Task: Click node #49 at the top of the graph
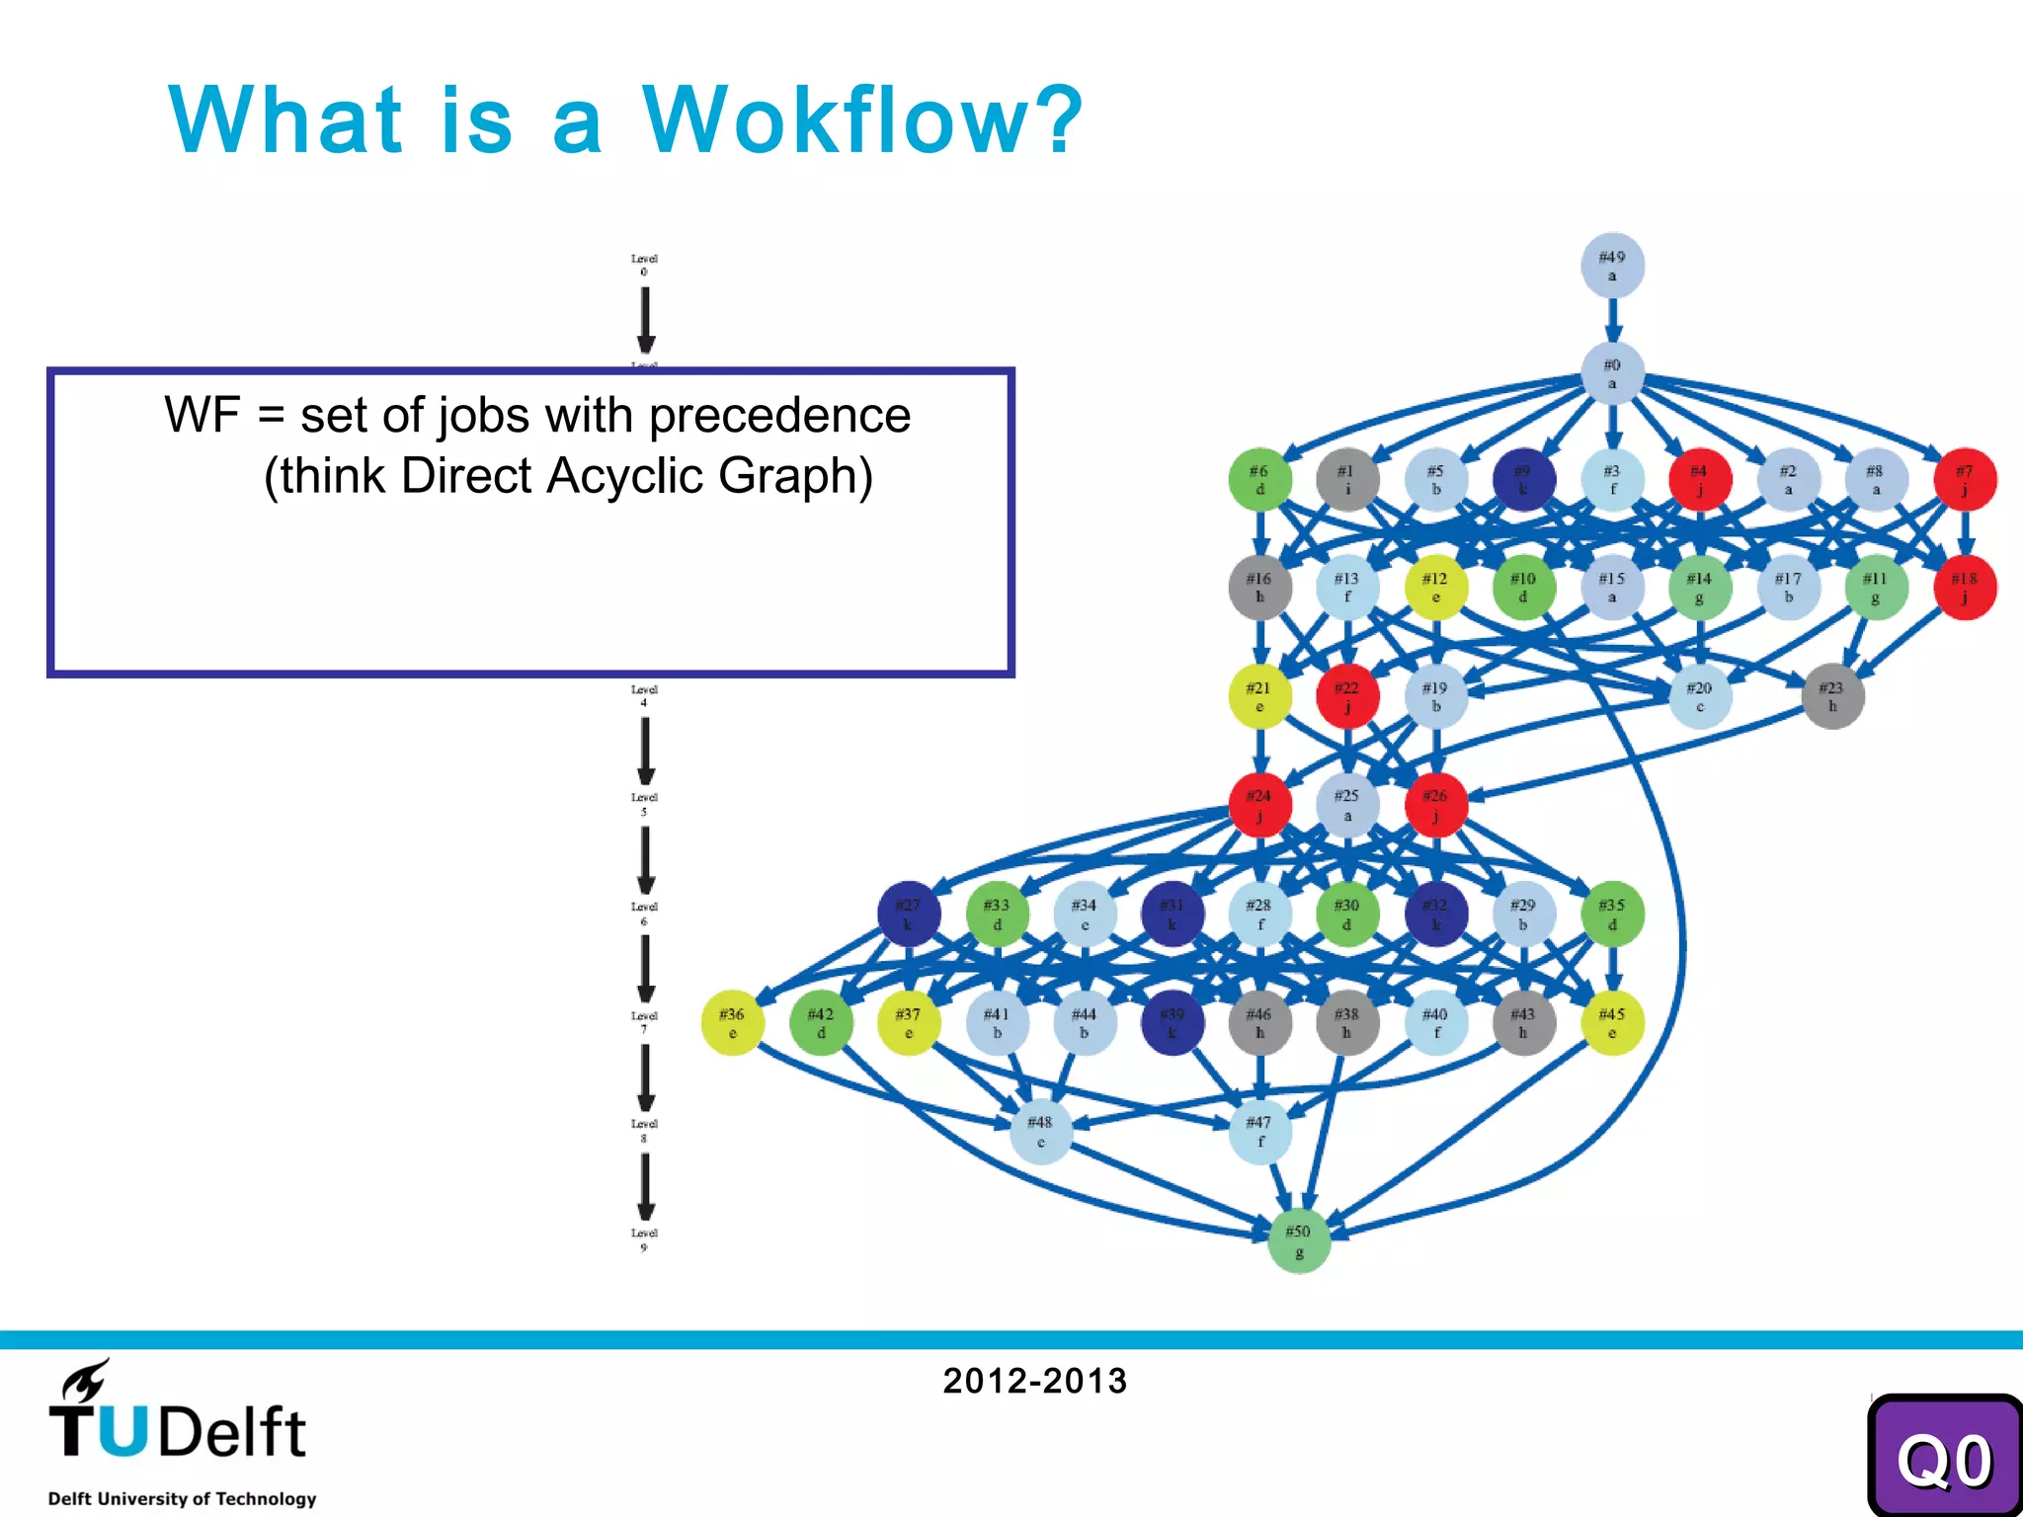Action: pos(1612,266)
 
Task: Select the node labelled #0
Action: pos(1612,373)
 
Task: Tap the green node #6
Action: pos(1259,480)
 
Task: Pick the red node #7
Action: pos(1965,480)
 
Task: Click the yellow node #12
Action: pos(1435,588)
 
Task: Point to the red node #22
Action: pos(1347,696)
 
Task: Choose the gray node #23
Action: pos(1832,696)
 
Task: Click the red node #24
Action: pos(1259,805)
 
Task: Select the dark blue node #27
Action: pos(908,914)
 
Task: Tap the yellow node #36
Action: pos(732,1023)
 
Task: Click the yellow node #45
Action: pos(1612,1023)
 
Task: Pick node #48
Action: pos(1040,1132)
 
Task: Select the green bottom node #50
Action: pos(1298,1241)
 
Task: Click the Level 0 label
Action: pos(644,265)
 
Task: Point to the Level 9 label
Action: pos(644,1239)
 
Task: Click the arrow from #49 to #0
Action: pos(1612,320)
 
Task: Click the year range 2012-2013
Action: pos(1034,1381)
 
